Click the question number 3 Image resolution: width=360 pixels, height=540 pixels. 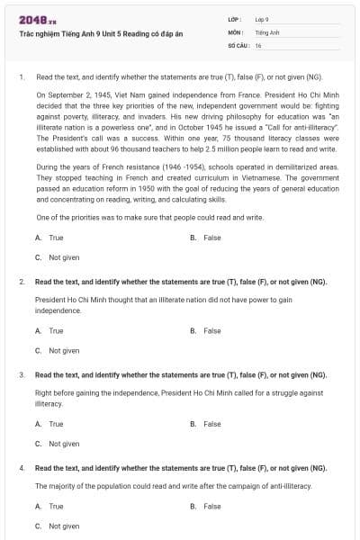coord(22,373)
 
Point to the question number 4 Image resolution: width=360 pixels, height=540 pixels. coord(22,468)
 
